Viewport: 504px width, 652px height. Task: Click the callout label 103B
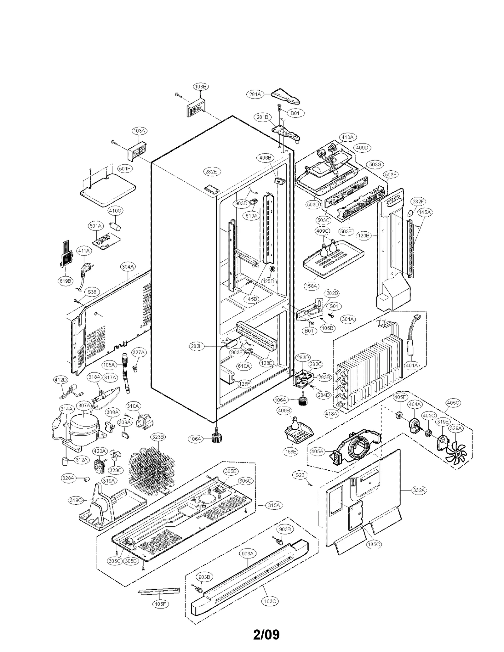point(201,87)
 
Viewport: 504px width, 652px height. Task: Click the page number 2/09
point(266,634)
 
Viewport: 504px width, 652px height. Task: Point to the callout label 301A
point(348,319)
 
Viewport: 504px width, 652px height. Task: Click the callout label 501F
point(125,169)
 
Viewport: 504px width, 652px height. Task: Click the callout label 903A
point(248,553)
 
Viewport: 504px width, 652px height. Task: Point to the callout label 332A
point(419,490)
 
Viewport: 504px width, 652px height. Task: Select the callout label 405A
point(317,451)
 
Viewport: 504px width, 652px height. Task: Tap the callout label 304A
point(128,267)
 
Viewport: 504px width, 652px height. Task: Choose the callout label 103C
point(270,601)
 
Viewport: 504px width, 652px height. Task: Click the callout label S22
point(300,475)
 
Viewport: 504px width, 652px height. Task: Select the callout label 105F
point(160,604)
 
